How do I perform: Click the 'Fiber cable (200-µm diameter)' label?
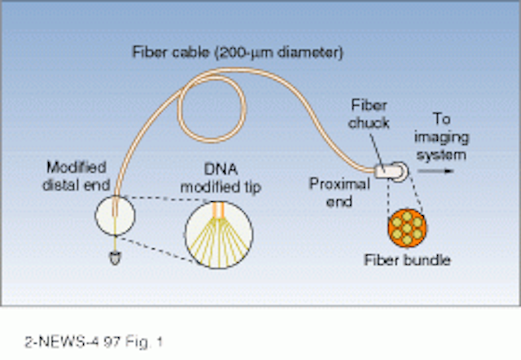tap(238, 52)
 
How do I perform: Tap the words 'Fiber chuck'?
tap(369, 114)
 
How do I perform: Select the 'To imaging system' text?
tap(441, 137)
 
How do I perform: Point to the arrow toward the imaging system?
tap(436, 171)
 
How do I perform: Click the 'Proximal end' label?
tap(339, 192)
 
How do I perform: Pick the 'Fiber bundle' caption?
tap(407, 260)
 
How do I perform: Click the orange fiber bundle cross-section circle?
tap(407, 228)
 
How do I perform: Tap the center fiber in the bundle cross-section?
tap(407, 228)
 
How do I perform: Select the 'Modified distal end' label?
tap(77, 176)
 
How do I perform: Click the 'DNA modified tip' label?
tap(221, 178)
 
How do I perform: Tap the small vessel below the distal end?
tap(115, 258)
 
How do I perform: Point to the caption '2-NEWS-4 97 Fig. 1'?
tap(94, 342)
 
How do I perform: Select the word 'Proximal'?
tap(339, 184)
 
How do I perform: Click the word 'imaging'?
tap(441, 138)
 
